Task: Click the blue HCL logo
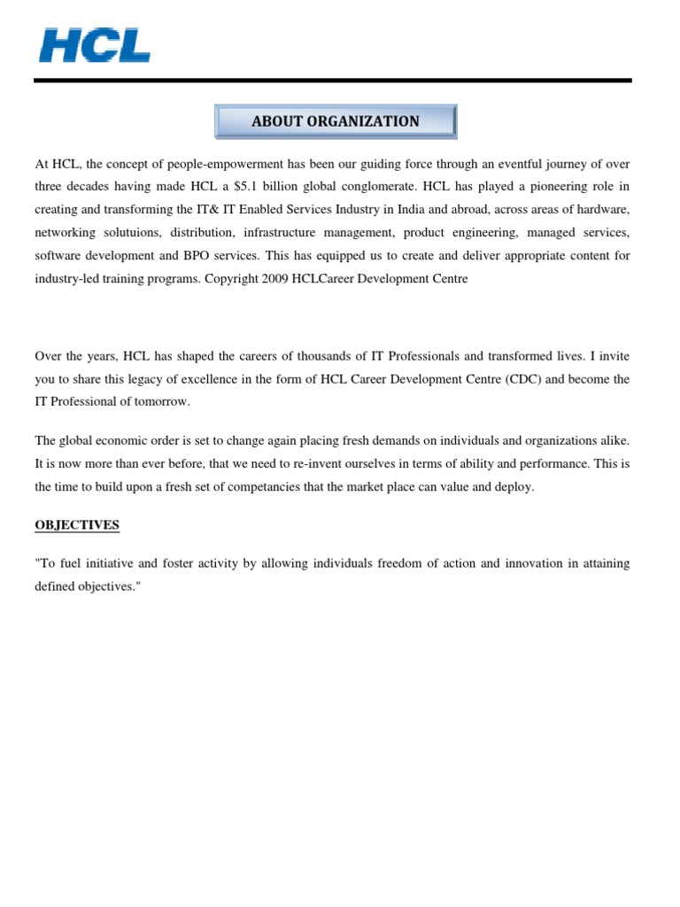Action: (x=95, y=45)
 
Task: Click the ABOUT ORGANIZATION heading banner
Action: (x=336, y=121)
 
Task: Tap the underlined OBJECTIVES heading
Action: (x=77, y=525)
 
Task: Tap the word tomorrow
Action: (x=161, y=402)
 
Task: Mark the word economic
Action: (x=126, y=441)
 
